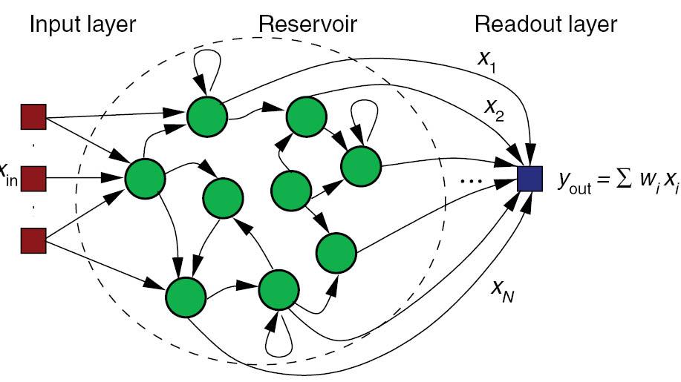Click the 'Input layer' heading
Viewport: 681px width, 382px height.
click(82, 24)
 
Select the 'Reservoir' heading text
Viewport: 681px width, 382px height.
click(307, 24)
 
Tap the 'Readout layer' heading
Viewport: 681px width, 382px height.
click(545, 24)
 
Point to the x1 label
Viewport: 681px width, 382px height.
click(488, 62)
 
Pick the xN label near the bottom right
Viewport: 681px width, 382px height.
click(504, 292)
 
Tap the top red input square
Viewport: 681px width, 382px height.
click(33, 117)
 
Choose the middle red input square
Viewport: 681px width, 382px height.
click(33, 178)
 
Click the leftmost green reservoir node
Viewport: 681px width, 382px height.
click(145, 177)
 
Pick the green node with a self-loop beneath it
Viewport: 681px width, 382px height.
click(277, 290)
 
